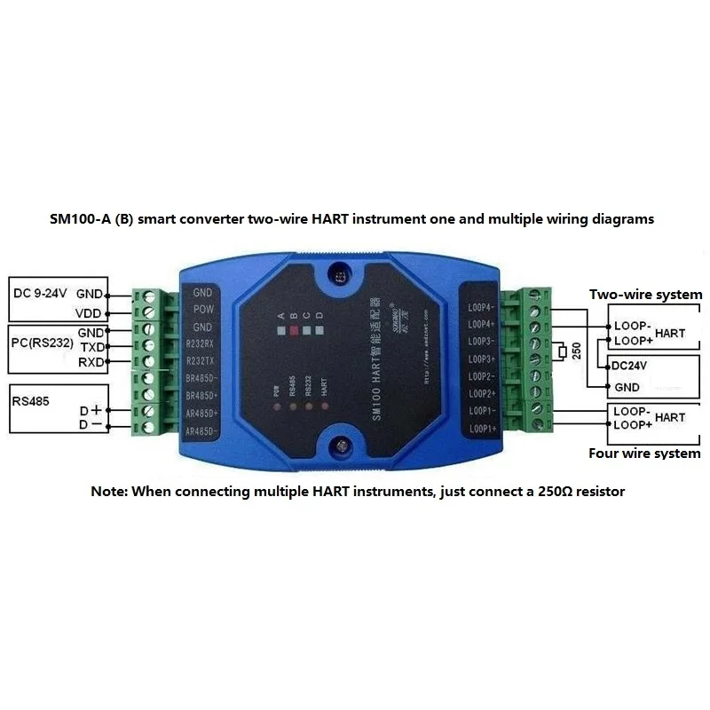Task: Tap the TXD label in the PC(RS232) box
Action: point(92,347)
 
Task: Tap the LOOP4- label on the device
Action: point(481,306)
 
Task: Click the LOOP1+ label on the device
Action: point(481,430)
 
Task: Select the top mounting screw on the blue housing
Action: point(340,276)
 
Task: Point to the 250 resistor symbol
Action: point(563,353)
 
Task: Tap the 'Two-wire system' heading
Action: point(645,295)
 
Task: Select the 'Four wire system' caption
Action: point(644,454)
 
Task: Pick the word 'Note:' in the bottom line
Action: point(109,491)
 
